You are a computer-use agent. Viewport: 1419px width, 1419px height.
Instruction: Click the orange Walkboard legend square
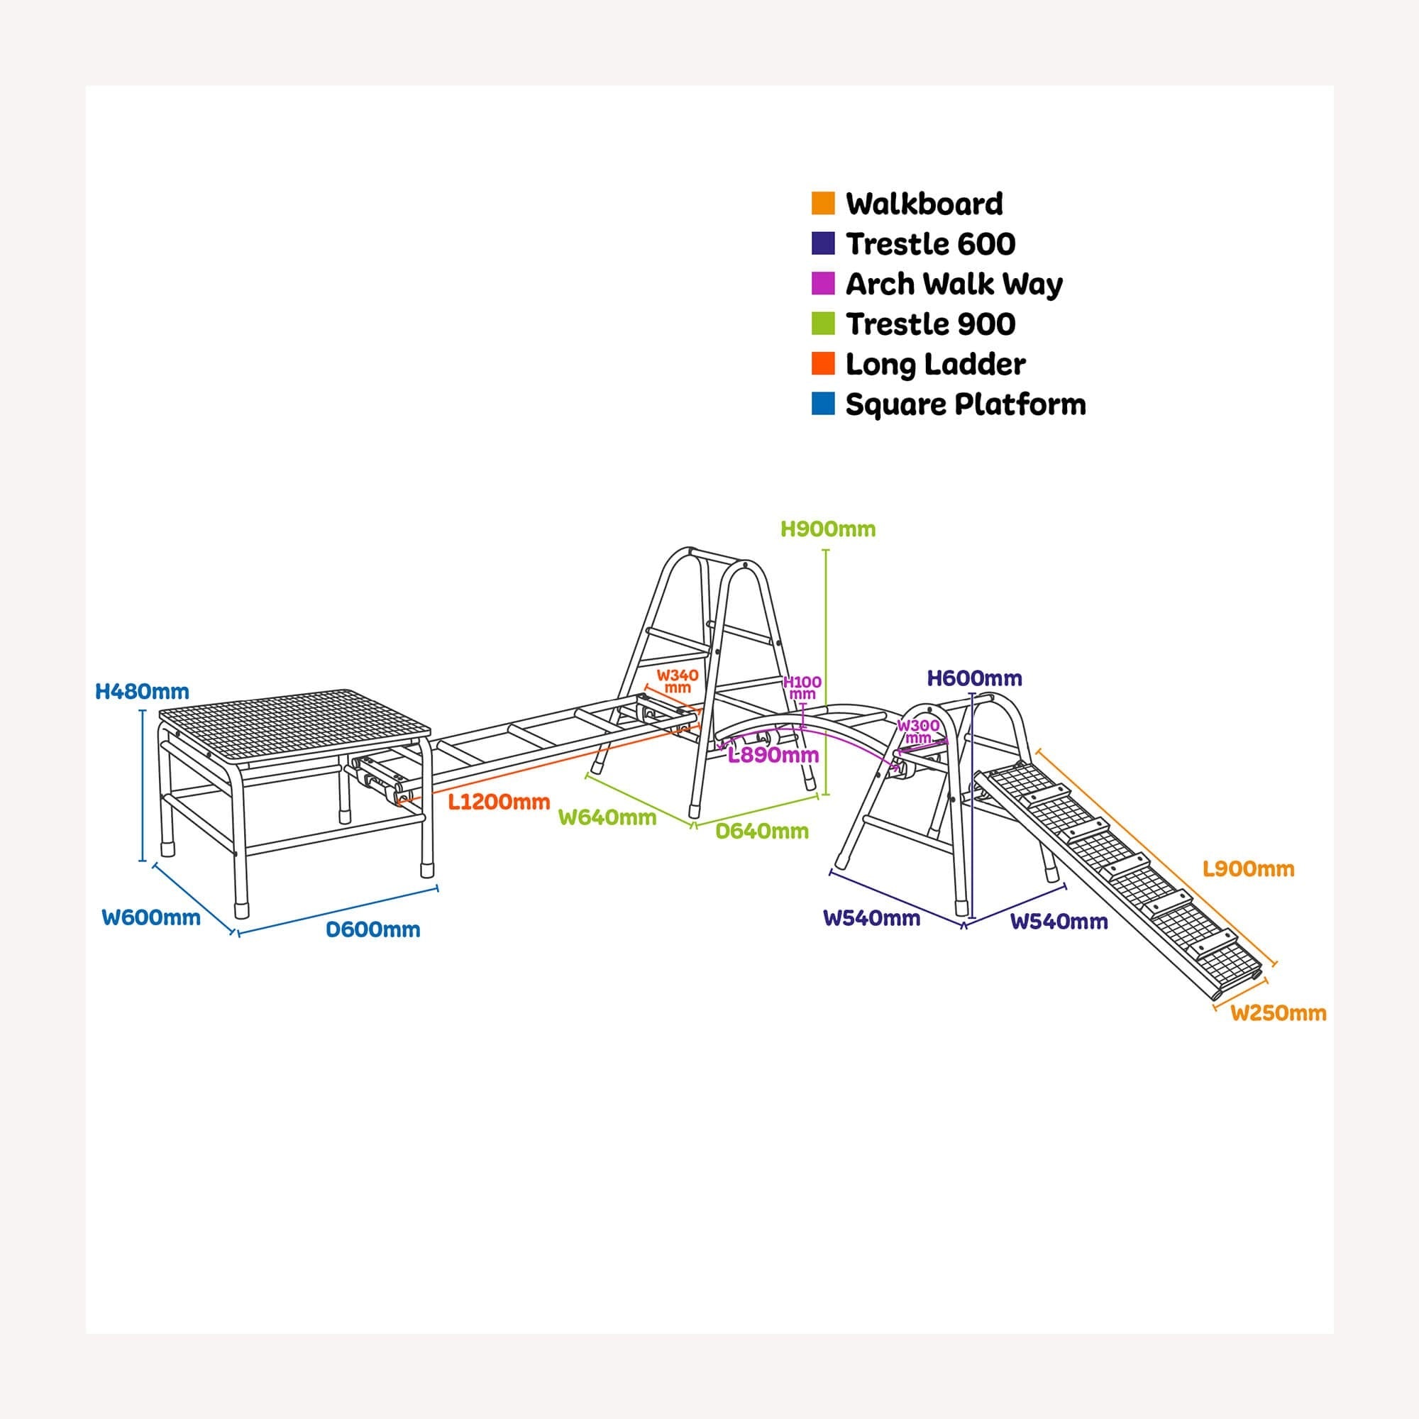pos(822,204)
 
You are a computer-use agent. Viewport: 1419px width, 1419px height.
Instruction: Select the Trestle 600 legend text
pos(931,244)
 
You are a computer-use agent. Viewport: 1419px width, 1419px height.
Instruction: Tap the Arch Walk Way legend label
pos(954,285)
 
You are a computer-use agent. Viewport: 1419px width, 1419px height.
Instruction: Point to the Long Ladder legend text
pos(935,364)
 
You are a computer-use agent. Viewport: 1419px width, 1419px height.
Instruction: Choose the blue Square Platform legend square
pos(822,404)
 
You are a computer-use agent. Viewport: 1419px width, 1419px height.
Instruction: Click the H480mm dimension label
pos(143,691)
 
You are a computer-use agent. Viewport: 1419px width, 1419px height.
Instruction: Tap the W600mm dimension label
pos(151,917)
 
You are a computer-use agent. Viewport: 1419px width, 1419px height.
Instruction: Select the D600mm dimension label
pos(373,929)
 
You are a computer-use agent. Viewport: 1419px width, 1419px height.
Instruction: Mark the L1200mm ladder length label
pos(499,801)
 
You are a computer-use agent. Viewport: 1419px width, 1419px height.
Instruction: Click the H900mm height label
pos(828,529)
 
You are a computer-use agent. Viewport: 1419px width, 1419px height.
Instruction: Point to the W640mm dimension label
pos(607,817)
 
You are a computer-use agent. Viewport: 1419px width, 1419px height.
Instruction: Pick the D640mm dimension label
pos(761,831)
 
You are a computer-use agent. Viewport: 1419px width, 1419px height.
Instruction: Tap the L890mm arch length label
pos(773,755)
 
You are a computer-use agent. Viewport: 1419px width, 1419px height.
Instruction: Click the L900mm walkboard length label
pos(1249,869)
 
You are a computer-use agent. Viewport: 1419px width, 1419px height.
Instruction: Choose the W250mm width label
pos(1279,1013)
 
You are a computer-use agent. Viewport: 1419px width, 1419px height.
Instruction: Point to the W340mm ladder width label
pos(677,681)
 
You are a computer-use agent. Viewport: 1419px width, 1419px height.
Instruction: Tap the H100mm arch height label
pos(802,688)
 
